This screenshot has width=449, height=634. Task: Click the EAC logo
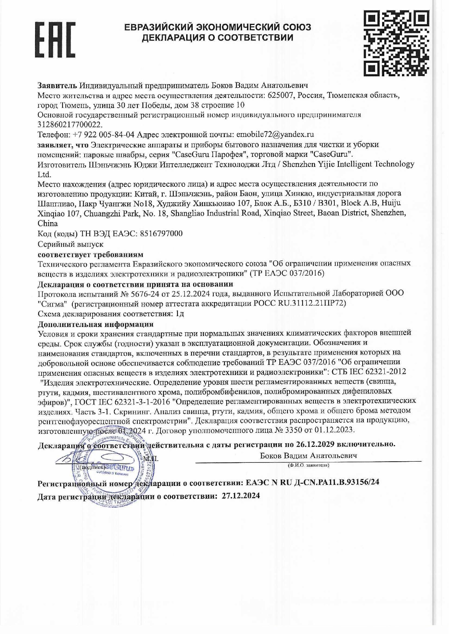pyautogui.click(x=55, y=40)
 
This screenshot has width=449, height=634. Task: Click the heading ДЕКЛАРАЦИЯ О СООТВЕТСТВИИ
pyautogui.click(x=217, y=37)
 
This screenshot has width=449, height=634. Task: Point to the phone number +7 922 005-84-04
pyautogui.click(x=103, y=134)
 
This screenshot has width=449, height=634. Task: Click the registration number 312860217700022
pyautogui.click(x=70, y=124)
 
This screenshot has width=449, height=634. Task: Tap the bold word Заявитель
pyautogui.click(x=57, y=85)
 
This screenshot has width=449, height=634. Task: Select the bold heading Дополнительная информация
pyautogui.click(x=95, y=324)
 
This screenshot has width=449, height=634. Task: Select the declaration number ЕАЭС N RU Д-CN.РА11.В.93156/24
pyautogui.click(x=312, y=482)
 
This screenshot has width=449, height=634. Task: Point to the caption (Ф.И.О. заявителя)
pyautogui.click(x=308, y=465)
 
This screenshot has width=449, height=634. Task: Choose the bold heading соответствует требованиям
pyautogui.click(x=90, y=254)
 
